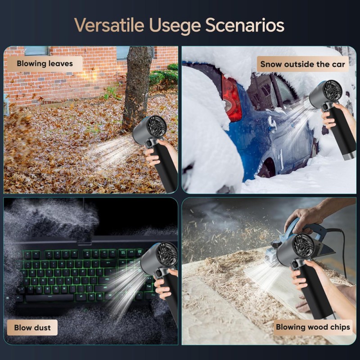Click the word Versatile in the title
tap(109, 25)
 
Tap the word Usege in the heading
tap(175, 26)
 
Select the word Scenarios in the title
tap(245, 25)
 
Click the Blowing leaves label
tap(45, 63)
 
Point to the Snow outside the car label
tap(302, 64)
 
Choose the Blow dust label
tap(32, 328)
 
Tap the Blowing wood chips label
tap(313, 327)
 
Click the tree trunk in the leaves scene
tap(137, 87)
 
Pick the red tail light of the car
tap(231, 99)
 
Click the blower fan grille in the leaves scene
tap(157, 127)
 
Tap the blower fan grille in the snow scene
tap(333, 91)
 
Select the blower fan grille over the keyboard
tap(167, 254)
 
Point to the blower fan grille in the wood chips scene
tap(304, 245)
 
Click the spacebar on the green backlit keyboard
tap(50, 298)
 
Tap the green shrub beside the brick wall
tap(164, 77)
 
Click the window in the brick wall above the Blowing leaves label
tap(37, 51)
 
